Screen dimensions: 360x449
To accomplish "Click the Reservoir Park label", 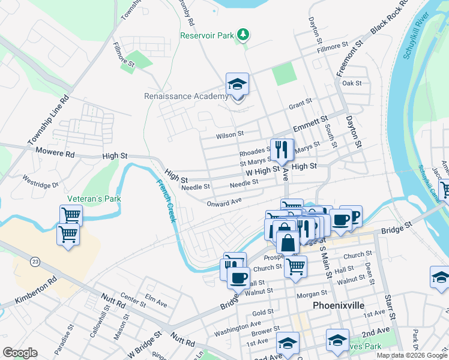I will point(207,35).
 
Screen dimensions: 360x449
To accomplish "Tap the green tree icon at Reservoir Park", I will point(243,35).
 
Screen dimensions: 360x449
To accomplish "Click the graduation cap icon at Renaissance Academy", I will point(238,85).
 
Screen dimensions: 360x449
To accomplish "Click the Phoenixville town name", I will point(339,305).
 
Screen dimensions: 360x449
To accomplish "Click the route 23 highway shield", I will point(35,262).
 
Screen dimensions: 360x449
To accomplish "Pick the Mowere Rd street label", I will point(55,153).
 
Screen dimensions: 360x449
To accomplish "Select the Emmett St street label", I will point(310,125).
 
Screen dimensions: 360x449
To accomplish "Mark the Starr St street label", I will point(390,307).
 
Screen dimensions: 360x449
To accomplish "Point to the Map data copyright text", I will point(412,355).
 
